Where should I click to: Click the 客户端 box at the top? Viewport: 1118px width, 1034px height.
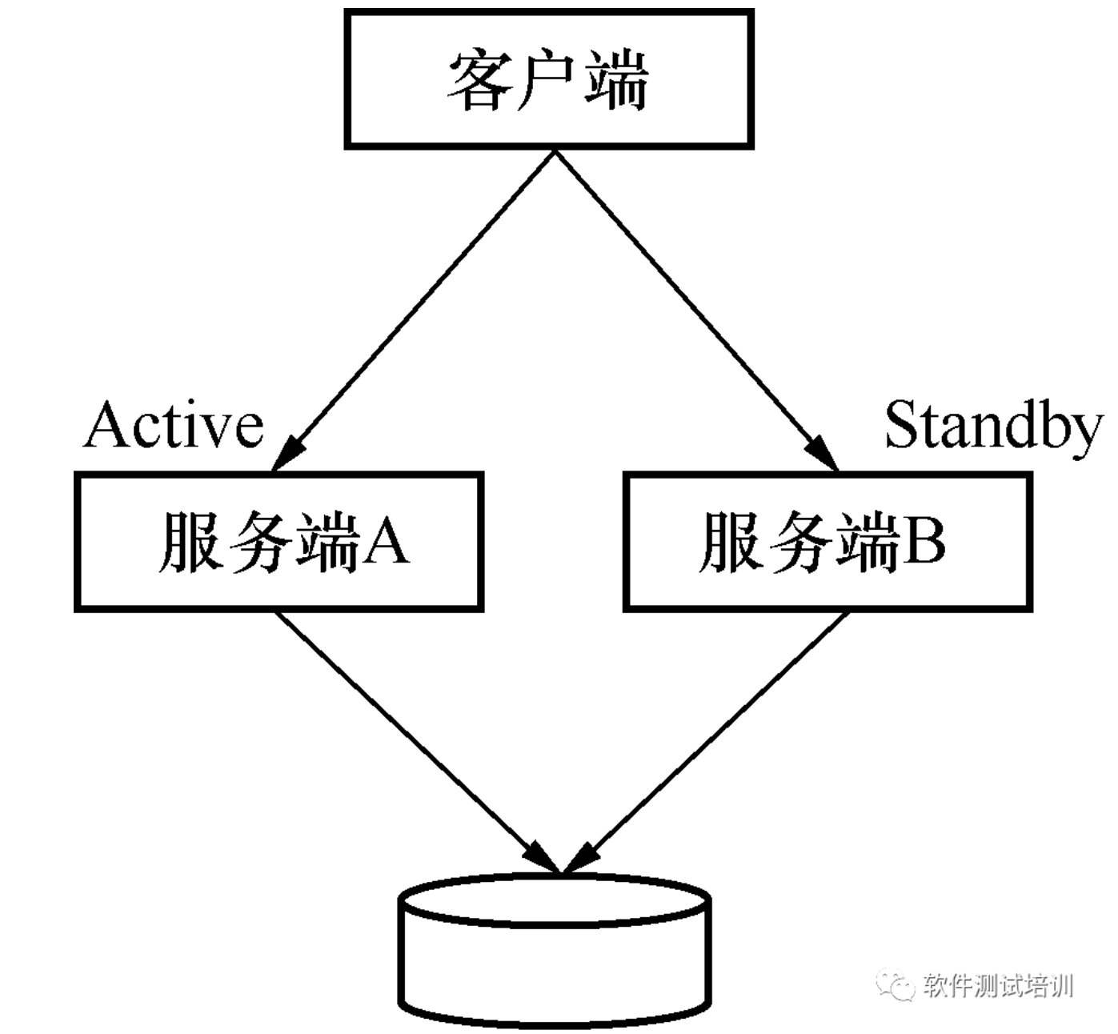point(549,78)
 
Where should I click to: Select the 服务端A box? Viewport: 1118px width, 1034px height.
point(278,542)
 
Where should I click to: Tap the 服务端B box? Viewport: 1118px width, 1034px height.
point(827,542)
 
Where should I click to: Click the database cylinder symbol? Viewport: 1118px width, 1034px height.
point(555,948)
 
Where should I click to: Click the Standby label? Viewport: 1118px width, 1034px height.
point(992,426)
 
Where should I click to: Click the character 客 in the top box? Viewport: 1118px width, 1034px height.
point(479,80)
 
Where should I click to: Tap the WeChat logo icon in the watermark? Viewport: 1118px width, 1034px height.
point(896,984)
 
